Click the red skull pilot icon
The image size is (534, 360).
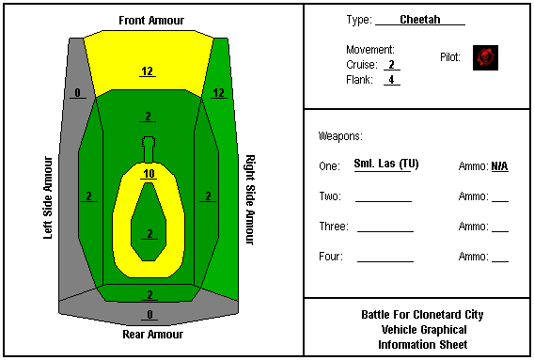(x=485, y=58)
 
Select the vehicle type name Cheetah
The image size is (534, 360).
(x=420, y=20)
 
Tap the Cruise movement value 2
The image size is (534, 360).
(x=392, y=64)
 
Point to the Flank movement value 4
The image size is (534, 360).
(x=392, y=79)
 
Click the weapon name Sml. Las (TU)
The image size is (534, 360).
(x=386, y=164)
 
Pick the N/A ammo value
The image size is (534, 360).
(x=499, y=166)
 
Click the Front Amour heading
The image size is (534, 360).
(x=151, y=21)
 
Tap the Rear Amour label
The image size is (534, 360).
(x=152, y=335)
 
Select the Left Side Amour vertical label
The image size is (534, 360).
(x=48, y=198)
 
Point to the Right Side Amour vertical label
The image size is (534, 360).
(x=250, y=200)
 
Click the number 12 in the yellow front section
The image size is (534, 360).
(x=147, y=71)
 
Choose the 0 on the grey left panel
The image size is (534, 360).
(x=78, y=93)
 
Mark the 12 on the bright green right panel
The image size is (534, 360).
(x=219, y=93)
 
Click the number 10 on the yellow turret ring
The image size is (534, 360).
(x=149, y=174)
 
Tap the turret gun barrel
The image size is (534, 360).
(x=149, y=149)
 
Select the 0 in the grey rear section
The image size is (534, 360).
(x=149, y=315)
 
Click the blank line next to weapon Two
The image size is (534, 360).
(x=384, y=202)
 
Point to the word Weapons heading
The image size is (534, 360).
(x=340, y=136)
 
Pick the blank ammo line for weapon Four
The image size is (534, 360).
(x=500, y=261)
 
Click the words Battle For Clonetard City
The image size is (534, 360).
(x=422, y=315)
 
